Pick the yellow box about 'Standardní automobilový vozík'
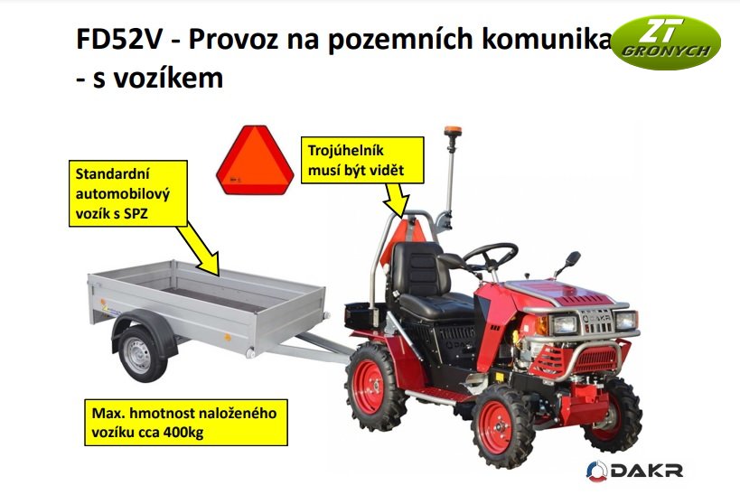[127, 193]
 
